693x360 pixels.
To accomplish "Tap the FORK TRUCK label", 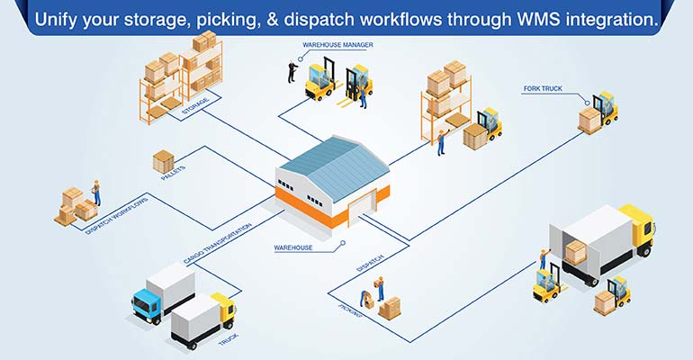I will [x=544, y=89].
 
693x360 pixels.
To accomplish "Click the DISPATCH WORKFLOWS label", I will [x=116, y=215].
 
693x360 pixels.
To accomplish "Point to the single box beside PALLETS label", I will [x=163, y=161].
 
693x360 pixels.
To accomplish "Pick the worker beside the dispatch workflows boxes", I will [x=96, y=193].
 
